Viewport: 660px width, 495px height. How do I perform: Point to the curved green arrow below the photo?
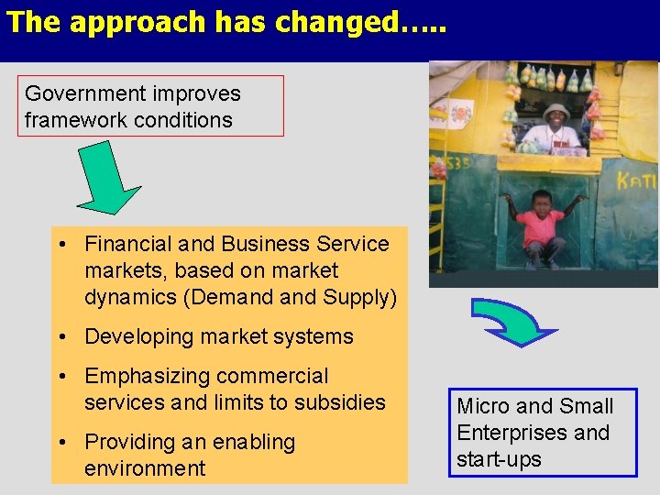(x=513, y=321)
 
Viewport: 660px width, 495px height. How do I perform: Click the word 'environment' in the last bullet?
(x=145, y=468)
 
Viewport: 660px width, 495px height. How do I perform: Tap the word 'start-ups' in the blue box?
(x=499, y=459)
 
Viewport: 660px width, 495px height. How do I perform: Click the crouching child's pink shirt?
(x=542, y=225)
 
